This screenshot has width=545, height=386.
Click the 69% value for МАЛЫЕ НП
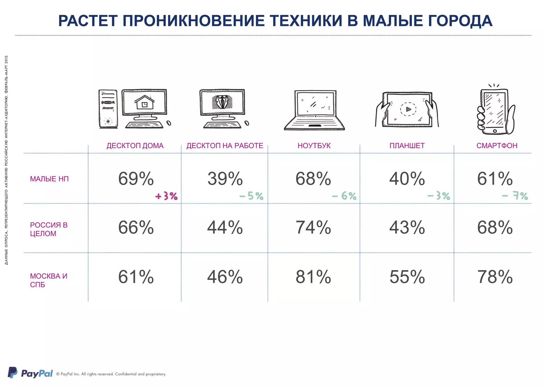[x=136, y=179]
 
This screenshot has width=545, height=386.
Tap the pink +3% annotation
[x=166, y=196]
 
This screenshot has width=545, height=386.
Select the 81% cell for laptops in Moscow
[x=313, y=277]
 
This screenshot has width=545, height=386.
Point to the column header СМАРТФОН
[x=497, y=146]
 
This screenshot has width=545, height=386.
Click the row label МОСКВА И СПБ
[x=48, y=280]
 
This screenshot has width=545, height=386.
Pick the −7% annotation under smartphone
[x=515, y=196]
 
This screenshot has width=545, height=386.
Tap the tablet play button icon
[x=408, y=109]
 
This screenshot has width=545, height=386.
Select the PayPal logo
[x=30, y=373]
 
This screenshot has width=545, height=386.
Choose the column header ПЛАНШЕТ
[x=407, y=146]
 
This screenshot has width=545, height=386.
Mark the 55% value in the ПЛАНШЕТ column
[x=407, y=277]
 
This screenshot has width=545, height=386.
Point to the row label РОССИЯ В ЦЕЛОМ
[x=49, y=229]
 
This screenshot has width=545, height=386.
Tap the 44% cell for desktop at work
[x=225, y=228]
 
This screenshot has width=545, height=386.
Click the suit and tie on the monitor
[x=222, y=102]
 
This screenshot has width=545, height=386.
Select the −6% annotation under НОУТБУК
[x=344, y=196]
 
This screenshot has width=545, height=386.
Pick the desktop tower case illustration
[x=108, y=109]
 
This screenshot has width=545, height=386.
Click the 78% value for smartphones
[x=495, y=277]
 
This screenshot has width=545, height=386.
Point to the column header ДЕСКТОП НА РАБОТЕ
[x=225, y=146]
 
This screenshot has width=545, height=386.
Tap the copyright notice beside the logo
[x=111, y=374]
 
